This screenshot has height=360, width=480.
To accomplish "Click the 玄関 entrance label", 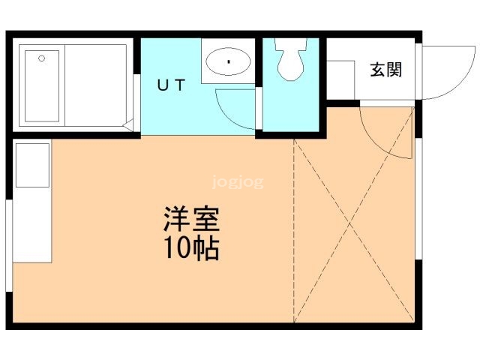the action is (x=385, y=70).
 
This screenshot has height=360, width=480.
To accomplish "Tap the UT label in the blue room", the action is (x=172, y=85).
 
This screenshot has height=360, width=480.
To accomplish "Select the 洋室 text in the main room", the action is (x=192, y=219).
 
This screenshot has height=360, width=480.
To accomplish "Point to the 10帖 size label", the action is (x=192, y=248).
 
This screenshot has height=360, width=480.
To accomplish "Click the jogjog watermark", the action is (x=238, y=182).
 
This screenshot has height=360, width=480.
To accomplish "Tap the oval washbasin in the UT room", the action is (x=228, y=61).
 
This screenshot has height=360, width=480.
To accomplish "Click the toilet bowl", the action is (x=291, y=59).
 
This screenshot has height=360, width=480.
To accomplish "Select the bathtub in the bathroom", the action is (x=42, y=85).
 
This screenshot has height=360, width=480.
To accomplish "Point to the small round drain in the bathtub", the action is (x=42, y=58).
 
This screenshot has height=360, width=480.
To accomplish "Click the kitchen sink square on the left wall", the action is (x=32, y=165).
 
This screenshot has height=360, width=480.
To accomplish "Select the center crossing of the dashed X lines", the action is (x=350, y=223).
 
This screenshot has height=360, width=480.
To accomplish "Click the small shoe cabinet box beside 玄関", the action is (x=340, y=80).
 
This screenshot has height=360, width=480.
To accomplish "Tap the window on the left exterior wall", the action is (x=9, y=245).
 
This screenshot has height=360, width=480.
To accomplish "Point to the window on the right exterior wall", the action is (x=419, y=199).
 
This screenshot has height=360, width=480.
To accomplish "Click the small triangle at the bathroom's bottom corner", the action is (x=128, y=125).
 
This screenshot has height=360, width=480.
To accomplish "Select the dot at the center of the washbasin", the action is (x=229, y=62).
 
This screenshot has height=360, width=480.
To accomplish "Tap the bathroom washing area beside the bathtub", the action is (x=95, y=85).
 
